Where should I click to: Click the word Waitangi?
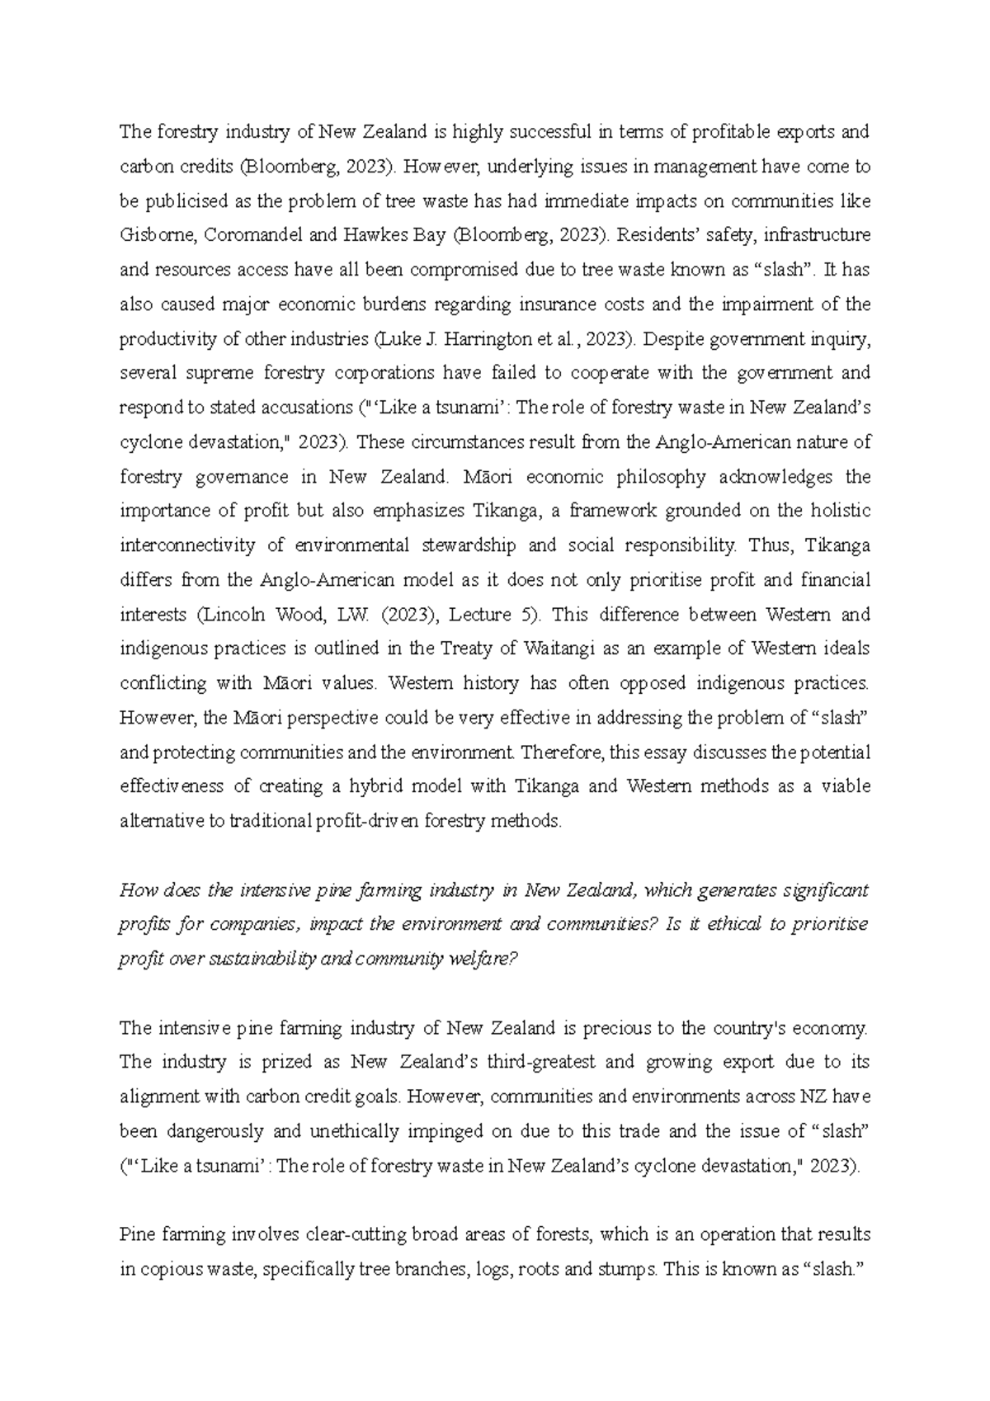(x=560, y=649)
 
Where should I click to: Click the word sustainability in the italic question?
(x=264, y=960)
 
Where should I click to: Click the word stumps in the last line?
(x=631, y=1270)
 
